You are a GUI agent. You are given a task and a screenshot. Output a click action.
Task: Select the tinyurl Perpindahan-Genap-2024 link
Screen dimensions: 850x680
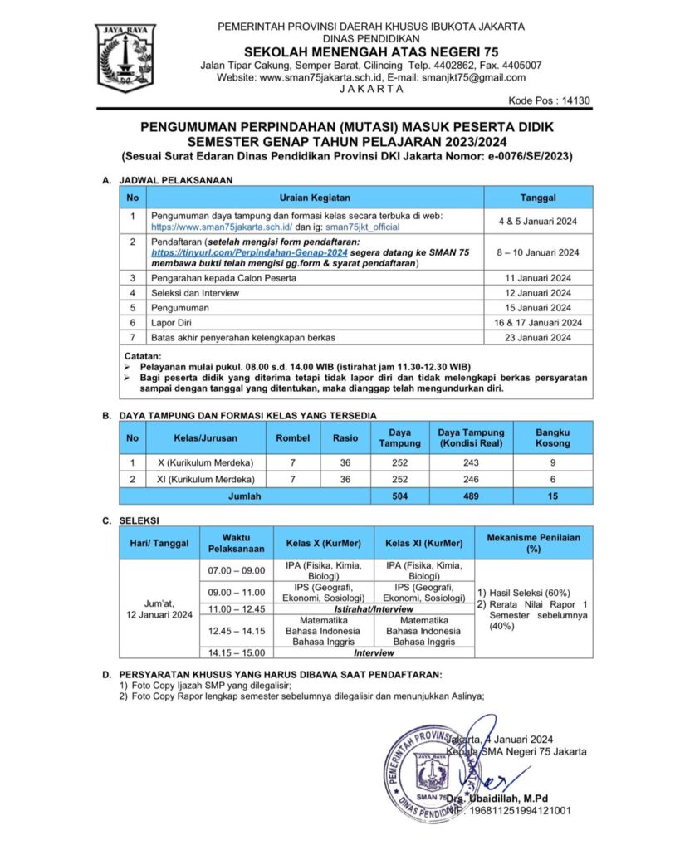click(x=249, y=252)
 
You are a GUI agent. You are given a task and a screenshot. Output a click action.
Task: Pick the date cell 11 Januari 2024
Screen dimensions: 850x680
click(x=538, y=277)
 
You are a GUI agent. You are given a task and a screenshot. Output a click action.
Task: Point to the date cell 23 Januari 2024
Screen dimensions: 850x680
click(x=538, y=337)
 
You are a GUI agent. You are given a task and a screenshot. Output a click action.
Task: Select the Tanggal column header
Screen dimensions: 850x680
click(x=538, y=198)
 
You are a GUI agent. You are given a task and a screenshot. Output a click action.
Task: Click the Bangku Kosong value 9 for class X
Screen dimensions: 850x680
click(x=552, y=462)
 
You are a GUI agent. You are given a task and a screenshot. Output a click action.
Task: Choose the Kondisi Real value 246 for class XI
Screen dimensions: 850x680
click(x=471, y=480)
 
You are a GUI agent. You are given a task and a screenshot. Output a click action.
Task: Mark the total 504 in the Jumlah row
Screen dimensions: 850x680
click(x=400, y=496)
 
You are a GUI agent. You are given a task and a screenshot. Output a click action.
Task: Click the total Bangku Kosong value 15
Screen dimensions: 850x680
click(x=552, y=496)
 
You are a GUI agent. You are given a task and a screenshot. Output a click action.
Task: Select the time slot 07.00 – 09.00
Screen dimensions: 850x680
click(x=236, y=570)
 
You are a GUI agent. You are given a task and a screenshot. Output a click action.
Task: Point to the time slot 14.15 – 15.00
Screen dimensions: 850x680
click(x=236, y=653)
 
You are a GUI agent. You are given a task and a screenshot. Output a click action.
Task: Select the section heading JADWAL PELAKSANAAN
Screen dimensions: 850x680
click(x=175, y=179)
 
